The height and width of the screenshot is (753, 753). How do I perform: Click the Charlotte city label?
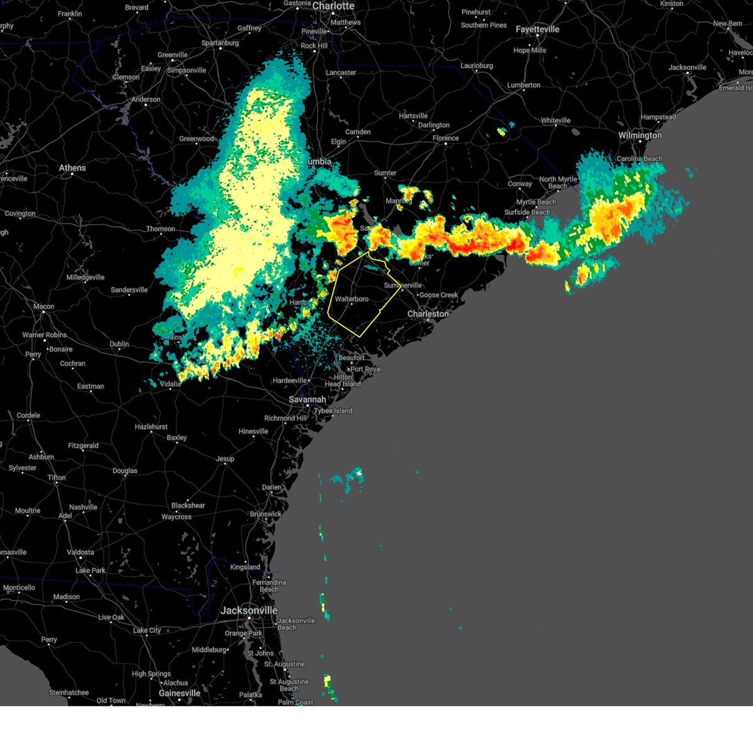[333, 6]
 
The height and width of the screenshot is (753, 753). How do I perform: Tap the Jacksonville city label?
[249, 611]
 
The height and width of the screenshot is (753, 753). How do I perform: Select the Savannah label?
[307, 400]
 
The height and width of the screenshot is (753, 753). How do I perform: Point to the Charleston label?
[428, 314]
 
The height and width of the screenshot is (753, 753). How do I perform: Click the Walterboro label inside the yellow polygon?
[351, 299]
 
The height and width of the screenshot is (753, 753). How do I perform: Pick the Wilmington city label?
[640, 136]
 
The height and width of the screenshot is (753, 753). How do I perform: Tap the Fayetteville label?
[537, 29]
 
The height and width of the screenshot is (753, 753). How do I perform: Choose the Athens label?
[72, 168]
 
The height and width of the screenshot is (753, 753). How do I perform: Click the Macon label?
[44, 307]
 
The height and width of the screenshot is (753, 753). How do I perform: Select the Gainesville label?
[179, 693]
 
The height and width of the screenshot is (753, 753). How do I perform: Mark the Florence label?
[446, 139]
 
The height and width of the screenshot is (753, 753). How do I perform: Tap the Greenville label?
[173, 55]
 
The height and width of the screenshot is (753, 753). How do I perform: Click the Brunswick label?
[266, 515]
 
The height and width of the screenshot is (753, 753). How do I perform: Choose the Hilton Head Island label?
[343, 381]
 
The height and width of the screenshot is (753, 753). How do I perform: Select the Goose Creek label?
[439, 295]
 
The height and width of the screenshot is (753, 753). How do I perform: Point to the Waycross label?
[176, 517]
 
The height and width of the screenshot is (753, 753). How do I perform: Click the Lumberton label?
[524, 85]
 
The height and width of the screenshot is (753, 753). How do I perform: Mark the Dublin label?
[119, 344]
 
